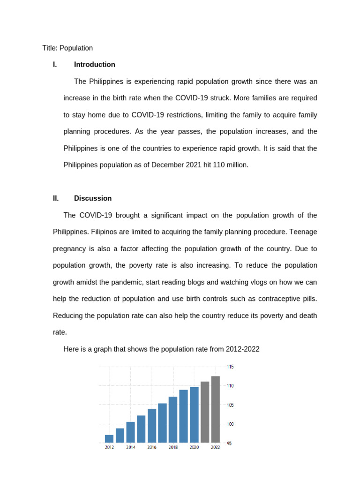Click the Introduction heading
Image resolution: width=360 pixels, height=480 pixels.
coord(94,65)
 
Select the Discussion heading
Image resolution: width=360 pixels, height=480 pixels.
coord(93,198)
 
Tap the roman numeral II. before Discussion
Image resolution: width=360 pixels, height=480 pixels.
coord(56,198)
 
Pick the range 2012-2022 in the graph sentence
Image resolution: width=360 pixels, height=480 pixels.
coord(242,349)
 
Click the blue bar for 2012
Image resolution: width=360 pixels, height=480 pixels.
coord(109,439)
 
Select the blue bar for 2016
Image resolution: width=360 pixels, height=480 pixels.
coord(152,426)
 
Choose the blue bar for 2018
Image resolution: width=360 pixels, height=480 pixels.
coord(173,420)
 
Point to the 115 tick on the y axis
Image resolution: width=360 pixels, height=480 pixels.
coord(230,367)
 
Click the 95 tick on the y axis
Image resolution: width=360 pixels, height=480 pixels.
coord(229,443)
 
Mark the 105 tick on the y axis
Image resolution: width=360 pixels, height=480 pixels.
coord(230,405)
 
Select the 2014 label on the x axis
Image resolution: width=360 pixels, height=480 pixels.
coord(130,448)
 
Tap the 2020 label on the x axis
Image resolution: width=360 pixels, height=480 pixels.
coord(195,448)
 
